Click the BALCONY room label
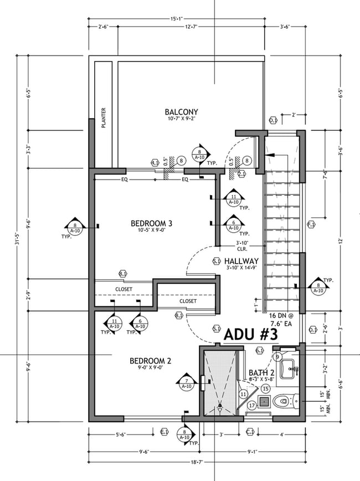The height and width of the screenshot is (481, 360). tap(181, 111)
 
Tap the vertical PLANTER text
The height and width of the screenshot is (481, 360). tap(104, 118)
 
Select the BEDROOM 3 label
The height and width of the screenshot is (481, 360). tap(151, 223)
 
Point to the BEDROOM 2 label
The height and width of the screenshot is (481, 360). tap(150, 360)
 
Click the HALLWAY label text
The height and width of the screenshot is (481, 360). tap(242, 261)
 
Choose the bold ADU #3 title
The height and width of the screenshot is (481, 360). tap(250, 334)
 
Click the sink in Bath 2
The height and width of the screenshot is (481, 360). tap(287, 368)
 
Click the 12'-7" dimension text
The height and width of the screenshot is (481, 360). tap(192, 27)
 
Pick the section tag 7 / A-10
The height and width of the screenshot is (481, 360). tap(187, 382)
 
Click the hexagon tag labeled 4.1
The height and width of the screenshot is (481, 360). tap(155, 163)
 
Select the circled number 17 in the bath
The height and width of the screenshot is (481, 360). tap(252, 405)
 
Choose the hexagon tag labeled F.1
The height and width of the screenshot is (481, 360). tap(311, 224)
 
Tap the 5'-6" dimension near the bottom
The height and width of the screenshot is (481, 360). tap(123, 434)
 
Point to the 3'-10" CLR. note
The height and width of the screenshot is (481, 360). tap(241, 246)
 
